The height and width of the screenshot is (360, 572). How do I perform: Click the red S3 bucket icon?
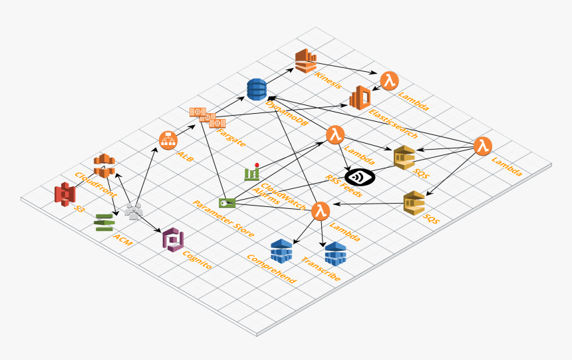click(x=65, y=194)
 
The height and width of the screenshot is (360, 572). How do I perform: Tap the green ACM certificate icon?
click(x=104, y=222)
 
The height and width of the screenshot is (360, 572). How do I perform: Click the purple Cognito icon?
click(x=173, y=239)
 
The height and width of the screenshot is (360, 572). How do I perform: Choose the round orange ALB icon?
click(x=168, y=140)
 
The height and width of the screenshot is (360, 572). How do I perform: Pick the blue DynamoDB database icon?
click(x=257, y=89)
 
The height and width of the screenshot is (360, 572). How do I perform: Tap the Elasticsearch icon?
click(x=360, y=98)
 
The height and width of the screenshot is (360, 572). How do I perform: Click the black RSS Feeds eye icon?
click(x=360, y=178)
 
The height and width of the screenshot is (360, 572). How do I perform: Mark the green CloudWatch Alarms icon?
click(x=251, y=172)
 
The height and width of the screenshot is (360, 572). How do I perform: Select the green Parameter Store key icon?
click(x=227, y=203)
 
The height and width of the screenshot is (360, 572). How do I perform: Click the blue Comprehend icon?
click(x=281, y=250)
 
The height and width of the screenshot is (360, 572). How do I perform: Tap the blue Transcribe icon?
click(x=335, y=254)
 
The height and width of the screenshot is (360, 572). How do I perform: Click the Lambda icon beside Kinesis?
click(x=389, y=81)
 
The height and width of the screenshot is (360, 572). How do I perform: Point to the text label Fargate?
click(x=231, y=138)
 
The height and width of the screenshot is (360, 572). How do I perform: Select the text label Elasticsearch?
click(x=393, y=124)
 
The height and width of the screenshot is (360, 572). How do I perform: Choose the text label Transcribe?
click(x=321, y=270)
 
